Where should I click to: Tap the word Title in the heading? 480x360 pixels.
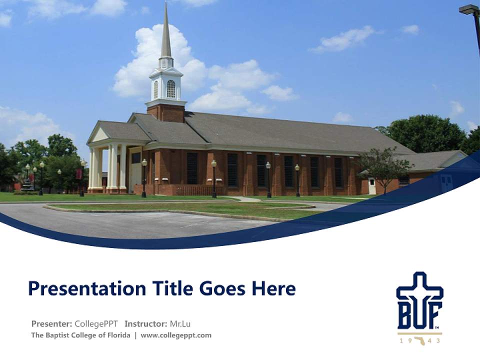click(x=164, y=288)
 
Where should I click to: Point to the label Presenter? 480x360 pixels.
click(x=51, y=323)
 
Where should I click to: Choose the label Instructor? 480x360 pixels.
click(x=145, y=323)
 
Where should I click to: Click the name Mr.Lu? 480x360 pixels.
click(x=180, y=323)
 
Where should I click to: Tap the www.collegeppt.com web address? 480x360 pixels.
click(x=176, y=335)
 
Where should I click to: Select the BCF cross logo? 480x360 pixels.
click(x=419, y=300)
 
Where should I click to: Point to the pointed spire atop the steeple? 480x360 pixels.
click(x=166, y=30)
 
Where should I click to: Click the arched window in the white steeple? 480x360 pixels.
click(x=171, y=89)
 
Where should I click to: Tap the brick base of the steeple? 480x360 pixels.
click(x=166, y=112)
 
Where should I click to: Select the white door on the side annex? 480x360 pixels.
click(x=372, y=186)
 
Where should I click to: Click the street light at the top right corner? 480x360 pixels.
click(x=469, y=9)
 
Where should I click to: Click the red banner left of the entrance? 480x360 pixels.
click(x=78, y=173)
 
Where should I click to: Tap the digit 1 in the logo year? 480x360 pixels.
click(x=401, y=340)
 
